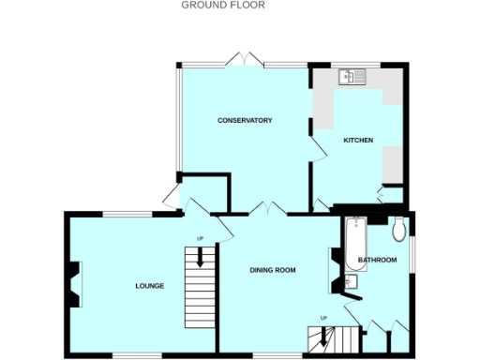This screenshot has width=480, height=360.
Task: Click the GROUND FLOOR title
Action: tap(223, 5)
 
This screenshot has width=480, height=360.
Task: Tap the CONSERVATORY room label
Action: tap(245, 120)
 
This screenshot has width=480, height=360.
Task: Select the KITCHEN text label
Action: tap(358, 140)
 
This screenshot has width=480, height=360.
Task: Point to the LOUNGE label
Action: tap(150, 285)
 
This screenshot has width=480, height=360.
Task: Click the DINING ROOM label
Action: tap(272, 270)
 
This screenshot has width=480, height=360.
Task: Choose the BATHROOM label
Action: tap(377, 260)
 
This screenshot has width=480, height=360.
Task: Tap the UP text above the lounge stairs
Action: tap(200, 237)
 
